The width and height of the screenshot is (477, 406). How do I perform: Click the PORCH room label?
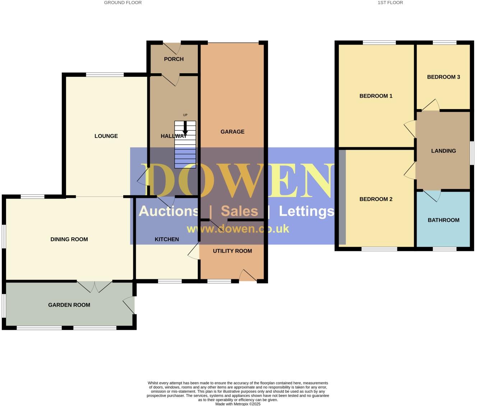[174, 59]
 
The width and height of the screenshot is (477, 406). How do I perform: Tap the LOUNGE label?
[106, 136]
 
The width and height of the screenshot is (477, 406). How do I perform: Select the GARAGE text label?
[232, 132]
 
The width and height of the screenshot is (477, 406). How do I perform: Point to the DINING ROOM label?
[69, 239]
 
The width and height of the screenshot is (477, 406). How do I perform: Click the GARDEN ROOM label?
[69, 305]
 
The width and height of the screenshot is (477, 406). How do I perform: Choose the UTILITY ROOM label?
[232, 251]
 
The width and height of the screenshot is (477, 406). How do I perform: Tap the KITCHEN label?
[167, 239]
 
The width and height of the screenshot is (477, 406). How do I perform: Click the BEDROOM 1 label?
[376, 96]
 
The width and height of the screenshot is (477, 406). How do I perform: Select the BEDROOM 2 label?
[376, 199]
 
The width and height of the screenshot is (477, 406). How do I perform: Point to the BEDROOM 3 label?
[443, 77]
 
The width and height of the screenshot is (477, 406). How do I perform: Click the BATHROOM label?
[443, 220]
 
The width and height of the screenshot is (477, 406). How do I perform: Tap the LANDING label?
[443, 151]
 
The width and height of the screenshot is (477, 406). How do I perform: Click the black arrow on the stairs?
[185, 129]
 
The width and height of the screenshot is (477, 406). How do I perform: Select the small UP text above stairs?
[185, 115]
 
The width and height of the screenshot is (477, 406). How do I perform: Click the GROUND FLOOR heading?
[123, 3]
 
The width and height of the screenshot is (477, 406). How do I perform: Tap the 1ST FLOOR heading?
[390, 3]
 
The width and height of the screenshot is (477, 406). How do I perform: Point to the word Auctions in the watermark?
[168, 211]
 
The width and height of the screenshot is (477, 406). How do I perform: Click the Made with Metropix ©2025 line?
[238, 404]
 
